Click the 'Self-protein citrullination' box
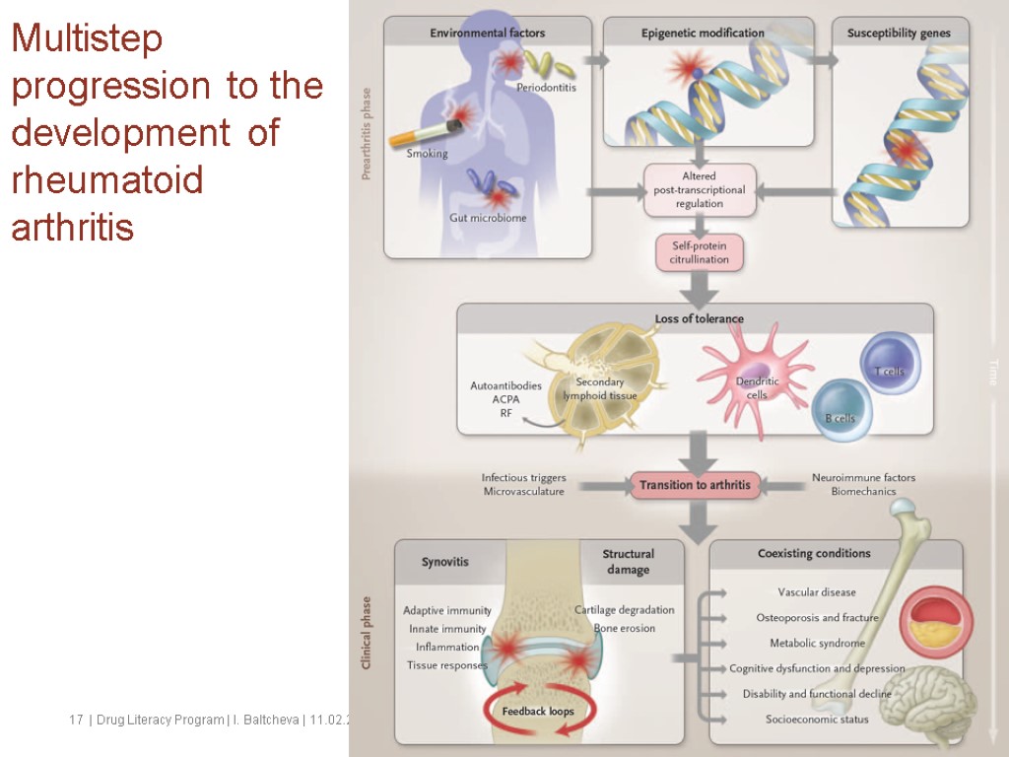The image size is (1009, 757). [x=700, y=252]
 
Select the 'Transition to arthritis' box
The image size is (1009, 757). [x=695, y=485]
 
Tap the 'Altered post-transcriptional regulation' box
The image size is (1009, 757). [x=700, y=190]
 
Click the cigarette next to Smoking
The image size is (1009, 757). [x=426, y=135]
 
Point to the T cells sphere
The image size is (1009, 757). [x=890, y=367]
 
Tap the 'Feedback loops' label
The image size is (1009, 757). [x=537, y=711]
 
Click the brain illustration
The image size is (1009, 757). [x=935, y=702]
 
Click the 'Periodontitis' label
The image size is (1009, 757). [x=546, y=87]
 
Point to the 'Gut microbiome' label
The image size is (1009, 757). [x=488, y=218]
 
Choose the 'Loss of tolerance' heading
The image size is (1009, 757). [x=700, y=318]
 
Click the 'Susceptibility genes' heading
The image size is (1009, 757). [x=899, y=33]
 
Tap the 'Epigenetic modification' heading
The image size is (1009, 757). [x=703, y=33]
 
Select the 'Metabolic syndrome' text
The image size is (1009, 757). [x=817, y=644]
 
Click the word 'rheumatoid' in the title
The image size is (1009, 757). [x=106, y=181]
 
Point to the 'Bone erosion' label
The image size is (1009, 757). [x=624, y=628]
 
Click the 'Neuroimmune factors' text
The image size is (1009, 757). [x=863, y=477]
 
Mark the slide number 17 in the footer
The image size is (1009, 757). [x=75, y=721]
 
